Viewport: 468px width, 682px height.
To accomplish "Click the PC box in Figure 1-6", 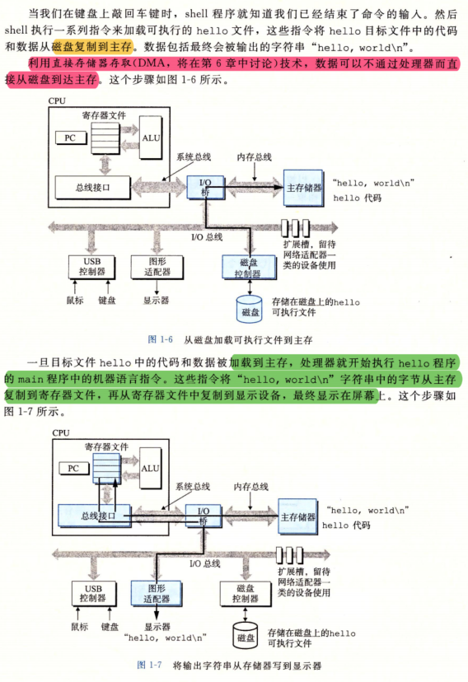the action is [x=71, y=138].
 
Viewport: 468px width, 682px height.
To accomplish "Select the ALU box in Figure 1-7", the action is [x=151, y=469].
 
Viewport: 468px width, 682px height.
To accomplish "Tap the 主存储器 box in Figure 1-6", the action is [x=303, y=188].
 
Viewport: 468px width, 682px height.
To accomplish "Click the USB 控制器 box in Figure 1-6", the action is [x=91, y=267].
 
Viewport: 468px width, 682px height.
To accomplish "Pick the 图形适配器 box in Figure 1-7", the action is [x=157, y=593].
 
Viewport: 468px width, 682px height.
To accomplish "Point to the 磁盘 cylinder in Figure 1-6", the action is [x=250, y=309].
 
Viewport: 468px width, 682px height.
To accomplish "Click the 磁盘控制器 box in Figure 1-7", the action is [x=246, y=594].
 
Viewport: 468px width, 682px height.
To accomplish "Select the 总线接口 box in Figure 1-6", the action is [x=92, y=188].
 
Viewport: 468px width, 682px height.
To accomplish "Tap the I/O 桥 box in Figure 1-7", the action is [x=204, y=516].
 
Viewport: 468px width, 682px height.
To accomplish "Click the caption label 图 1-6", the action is [x=161, y=339].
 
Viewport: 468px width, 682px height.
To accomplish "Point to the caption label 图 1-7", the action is [x=149, y=665].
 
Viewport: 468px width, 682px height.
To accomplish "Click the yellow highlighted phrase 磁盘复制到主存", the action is [x=91, y=47].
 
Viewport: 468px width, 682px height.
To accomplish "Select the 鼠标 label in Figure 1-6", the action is [x=75, y=300].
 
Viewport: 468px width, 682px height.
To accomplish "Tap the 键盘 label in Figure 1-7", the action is [x=110, y=627].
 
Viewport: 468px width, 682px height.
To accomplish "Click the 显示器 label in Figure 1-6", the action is [x=157, y=300].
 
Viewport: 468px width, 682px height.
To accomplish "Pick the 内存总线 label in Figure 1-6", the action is [x=254, y=157].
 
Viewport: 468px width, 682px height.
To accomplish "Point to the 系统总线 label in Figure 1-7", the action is [x=193, y=487].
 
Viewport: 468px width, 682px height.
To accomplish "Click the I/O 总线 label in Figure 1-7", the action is [x=205, y=563].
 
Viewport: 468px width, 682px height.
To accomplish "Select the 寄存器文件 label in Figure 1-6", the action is [x=104, y=115].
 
